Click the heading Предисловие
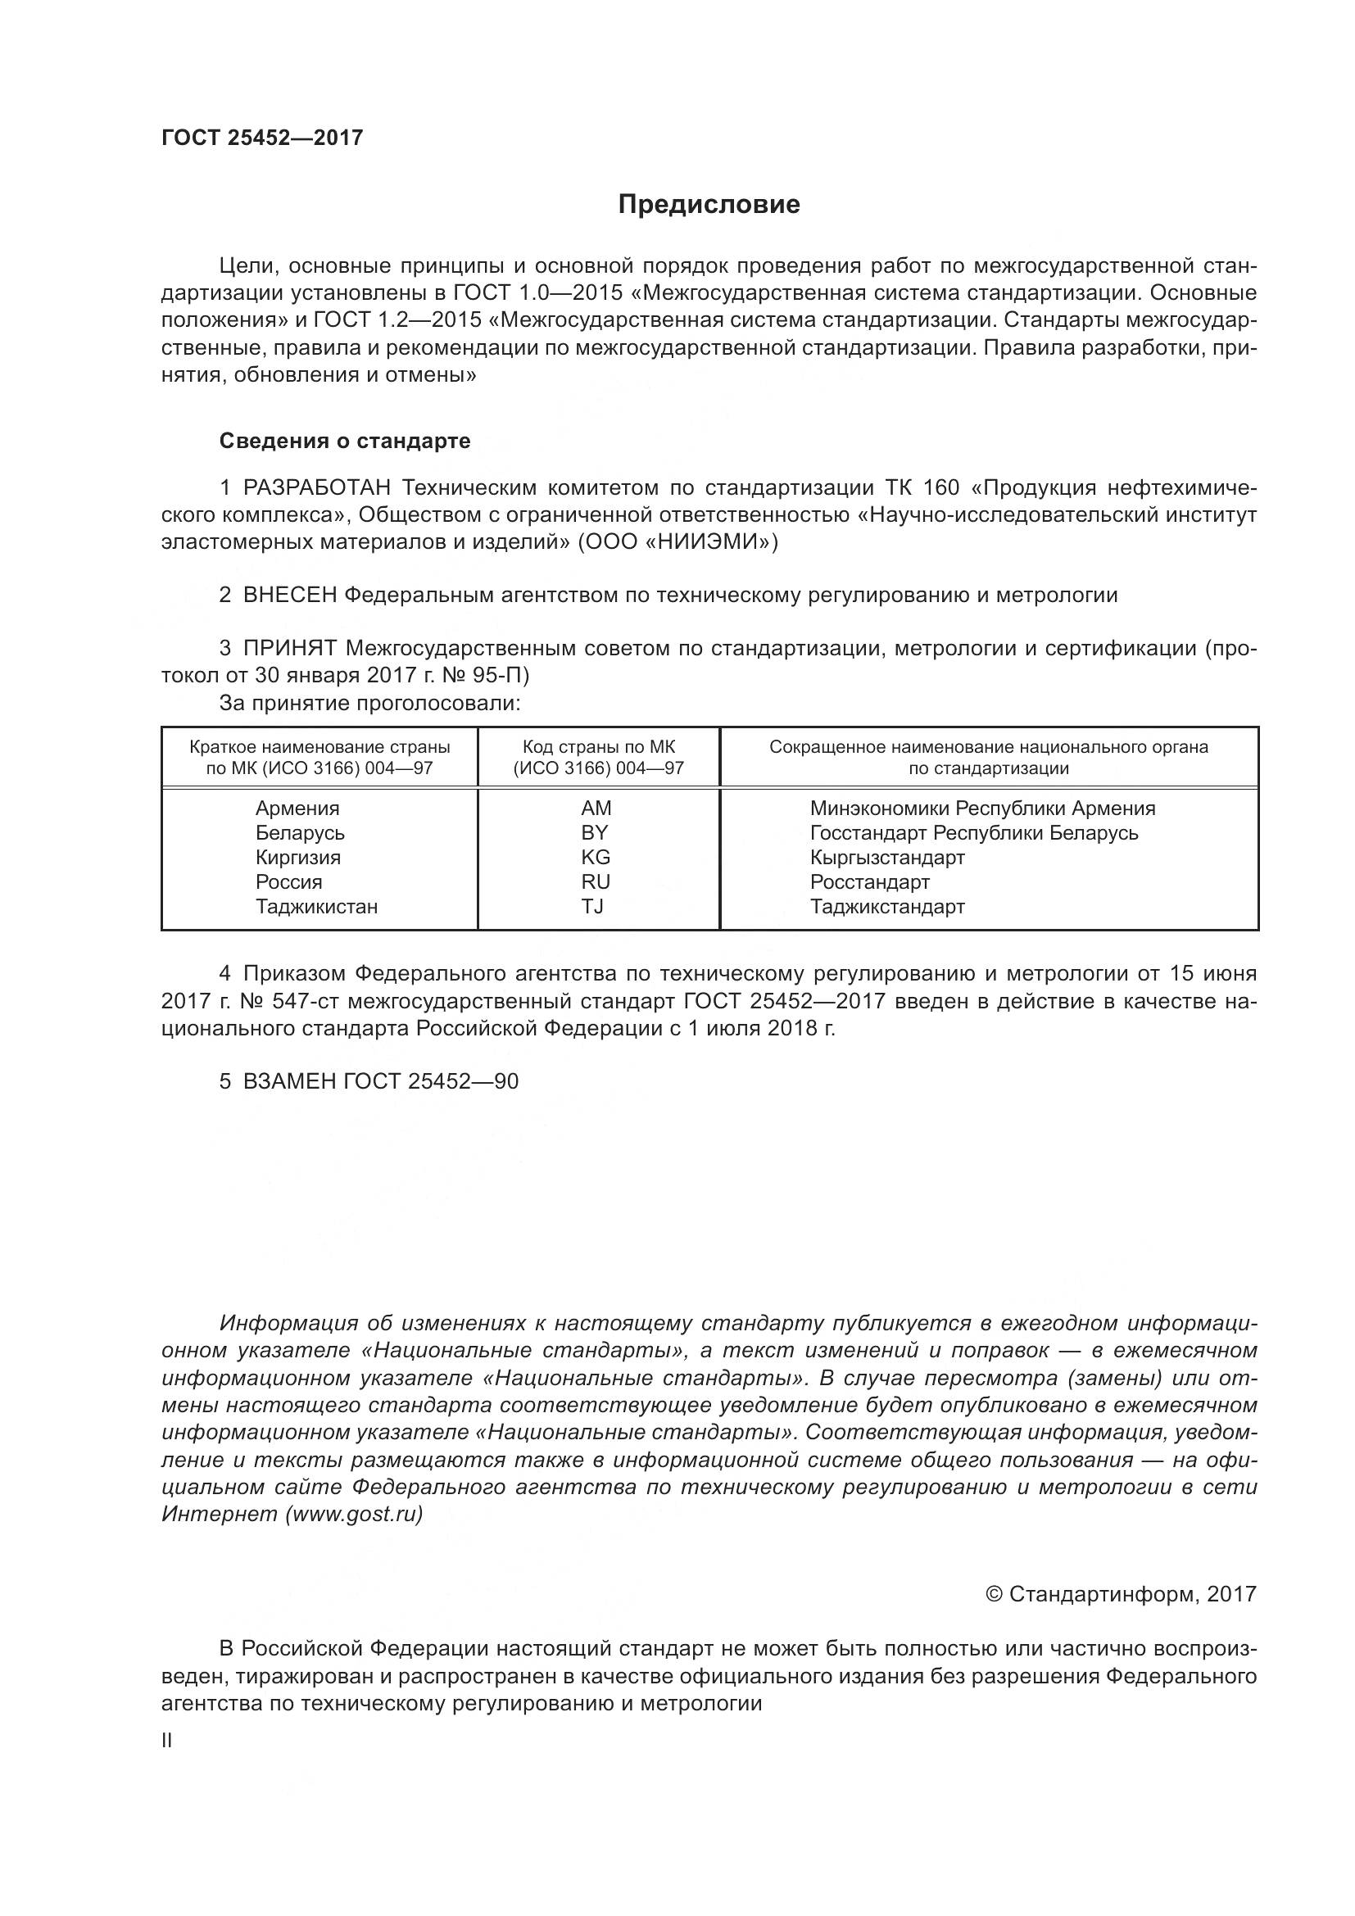tap(709, 205)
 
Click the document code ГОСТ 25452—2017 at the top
tap(262, 138)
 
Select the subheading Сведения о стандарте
tap(345, 441)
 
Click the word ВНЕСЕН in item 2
tap(289, 595)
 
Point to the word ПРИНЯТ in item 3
tap(289, 649)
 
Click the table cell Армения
tap(297, 808)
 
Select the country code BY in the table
tap(595, 832)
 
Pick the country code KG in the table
tap(596, 857)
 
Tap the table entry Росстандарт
tap(869, 881)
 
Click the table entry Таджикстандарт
tap(887, 906)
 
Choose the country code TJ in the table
tap(592, 906)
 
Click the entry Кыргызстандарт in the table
tap(887, 857)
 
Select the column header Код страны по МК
tap(598, 747)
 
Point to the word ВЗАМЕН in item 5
tap(289, 1081)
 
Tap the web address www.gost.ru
tap(354, 1514)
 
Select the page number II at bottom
tap(167, 1741)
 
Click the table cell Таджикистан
tap(316, 906)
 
